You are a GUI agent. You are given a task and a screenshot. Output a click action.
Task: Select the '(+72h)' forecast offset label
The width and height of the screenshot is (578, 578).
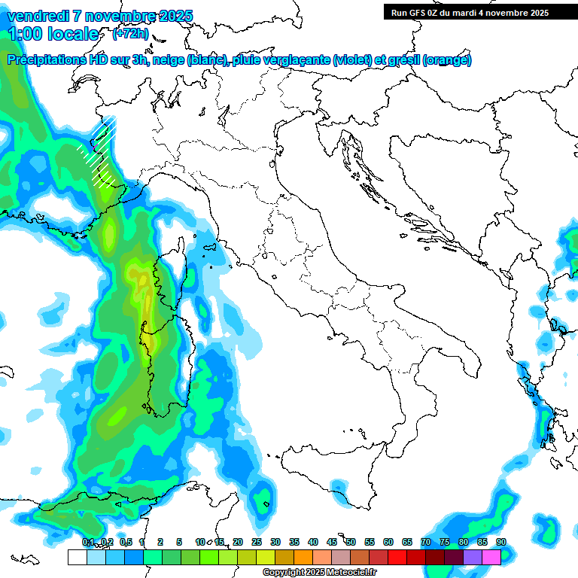[x=130, y=34]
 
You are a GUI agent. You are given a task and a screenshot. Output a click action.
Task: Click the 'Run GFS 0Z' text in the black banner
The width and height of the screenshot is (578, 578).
[x=415, y=13]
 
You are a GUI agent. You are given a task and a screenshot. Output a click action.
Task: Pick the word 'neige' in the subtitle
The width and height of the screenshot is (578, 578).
[x=169, y=60]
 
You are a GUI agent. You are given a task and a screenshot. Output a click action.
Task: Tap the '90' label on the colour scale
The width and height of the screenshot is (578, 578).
[x=501, y=542]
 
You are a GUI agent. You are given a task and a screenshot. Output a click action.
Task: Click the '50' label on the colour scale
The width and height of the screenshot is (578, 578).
[x=351, y=542]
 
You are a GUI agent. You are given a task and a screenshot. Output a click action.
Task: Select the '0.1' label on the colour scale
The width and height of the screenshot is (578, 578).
[x=88, y=542]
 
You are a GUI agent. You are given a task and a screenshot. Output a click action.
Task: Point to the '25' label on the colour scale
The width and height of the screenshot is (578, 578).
[x=257, y=542]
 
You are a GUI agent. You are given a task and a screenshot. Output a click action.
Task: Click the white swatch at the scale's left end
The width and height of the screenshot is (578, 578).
[x=77, y=557]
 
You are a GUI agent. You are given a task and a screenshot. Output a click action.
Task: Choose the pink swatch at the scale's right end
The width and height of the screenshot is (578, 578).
[x=491, y=557]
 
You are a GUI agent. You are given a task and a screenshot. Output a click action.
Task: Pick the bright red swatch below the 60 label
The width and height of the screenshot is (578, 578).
[x=397, y=557]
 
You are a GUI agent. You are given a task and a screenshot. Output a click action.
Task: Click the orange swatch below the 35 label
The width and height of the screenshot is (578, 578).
[x=303, y=557]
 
